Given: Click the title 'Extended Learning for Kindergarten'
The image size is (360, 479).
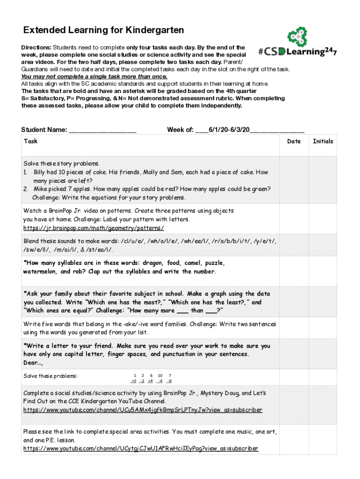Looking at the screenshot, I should click(104, 30).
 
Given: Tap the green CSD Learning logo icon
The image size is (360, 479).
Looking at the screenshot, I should click(297, 37).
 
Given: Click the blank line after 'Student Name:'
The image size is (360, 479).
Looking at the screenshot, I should click(102, 130).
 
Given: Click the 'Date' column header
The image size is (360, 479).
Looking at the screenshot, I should click(294, 141).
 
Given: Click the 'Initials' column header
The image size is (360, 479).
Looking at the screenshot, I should click(323, 141).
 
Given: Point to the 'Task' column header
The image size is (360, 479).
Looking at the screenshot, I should click(30, 141).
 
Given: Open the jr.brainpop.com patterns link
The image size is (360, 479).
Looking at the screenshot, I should click(94, 228).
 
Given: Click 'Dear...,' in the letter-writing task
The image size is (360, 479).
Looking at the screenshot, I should click(33, 363).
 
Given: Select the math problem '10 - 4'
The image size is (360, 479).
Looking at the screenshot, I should click(160, 378).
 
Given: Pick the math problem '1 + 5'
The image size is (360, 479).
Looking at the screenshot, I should click(134, 378).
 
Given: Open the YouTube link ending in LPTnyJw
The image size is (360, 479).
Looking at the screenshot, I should click(143, 410).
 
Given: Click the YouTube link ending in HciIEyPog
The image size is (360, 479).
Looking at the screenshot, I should click(140, 449).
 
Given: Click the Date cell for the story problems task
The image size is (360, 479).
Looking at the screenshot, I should click(294, 180).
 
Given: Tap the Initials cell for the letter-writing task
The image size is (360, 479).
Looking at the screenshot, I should click(323, 354).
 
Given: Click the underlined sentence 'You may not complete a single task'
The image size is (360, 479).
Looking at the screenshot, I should click(94, 76).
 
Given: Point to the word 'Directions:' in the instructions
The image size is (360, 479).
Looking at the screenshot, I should click(36, 48).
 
